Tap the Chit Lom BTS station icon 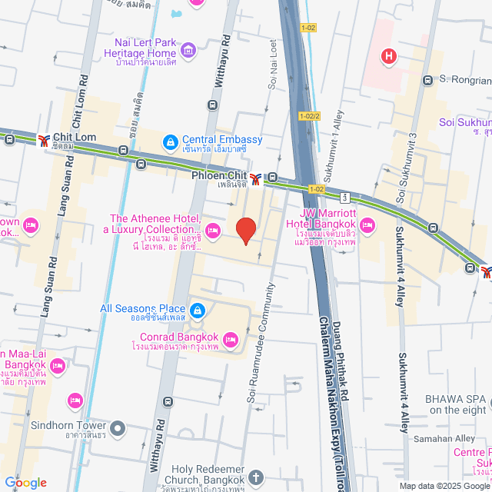coord(43,139)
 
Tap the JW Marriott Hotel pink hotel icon coord(367,224)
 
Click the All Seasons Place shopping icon coord(198,309)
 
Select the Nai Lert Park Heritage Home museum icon coord(188,52)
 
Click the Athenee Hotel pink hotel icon coord(213,229)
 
